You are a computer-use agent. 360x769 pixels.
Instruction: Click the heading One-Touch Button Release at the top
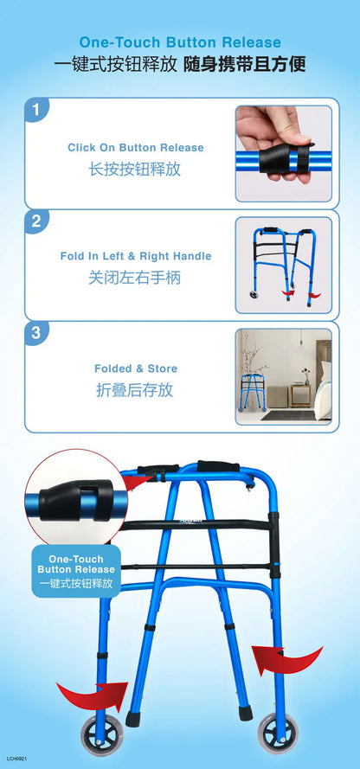[x=180, y=42]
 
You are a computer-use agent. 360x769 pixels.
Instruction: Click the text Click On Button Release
[x=136, y=148]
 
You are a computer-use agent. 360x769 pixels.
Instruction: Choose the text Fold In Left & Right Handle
[x=136, y=256]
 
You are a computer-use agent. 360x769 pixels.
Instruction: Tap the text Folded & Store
[x=136, y=368]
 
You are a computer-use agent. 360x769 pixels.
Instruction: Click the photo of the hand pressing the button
[x=284, y=153]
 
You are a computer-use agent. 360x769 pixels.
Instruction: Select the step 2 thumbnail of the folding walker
[x=284, y=266]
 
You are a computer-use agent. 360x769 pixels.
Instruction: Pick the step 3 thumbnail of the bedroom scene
[x=284, y=376]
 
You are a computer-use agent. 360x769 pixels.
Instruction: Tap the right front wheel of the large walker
[x=277, y=734]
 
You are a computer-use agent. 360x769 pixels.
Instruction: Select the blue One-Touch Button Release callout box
[x=76, y=571]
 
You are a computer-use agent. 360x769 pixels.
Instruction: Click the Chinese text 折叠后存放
[x=134, y=390]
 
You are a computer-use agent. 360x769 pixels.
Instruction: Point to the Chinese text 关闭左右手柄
[x=134, y=278]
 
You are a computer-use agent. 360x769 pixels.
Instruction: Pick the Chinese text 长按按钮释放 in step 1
[x=134, y=170]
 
